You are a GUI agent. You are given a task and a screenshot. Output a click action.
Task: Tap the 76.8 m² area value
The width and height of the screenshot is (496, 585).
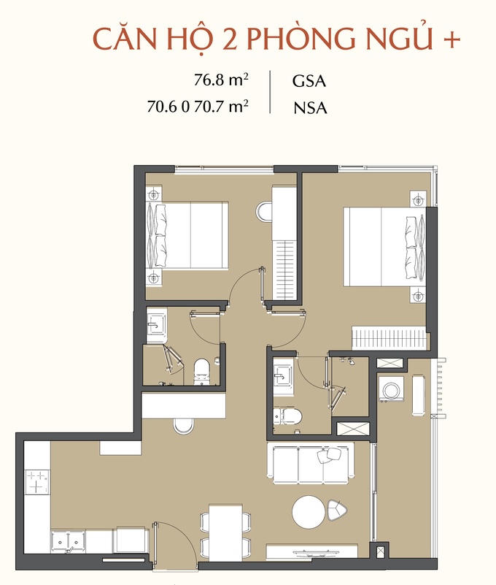click(221, 80)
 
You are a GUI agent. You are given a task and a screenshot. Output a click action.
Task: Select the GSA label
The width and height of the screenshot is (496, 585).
click(309, 81)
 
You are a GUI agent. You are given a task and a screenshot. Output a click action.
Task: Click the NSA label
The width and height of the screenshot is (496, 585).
click(310, 108)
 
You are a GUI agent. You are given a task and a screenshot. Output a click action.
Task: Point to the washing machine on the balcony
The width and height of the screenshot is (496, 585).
click(391, 389)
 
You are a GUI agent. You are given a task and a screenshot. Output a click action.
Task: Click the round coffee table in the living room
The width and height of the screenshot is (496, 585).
click(309, 511)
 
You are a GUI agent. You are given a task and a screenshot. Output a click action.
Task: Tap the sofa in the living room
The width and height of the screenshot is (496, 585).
click(311, 463)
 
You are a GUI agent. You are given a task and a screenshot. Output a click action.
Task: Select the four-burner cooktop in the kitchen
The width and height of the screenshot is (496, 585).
click(37, 482)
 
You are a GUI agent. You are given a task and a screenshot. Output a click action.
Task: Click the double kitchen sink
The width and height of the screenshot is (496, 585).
click(68, 540)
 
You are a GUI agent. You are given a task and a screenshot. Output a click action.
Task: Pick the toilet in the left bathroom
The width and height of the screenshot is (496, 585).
click(202, 371)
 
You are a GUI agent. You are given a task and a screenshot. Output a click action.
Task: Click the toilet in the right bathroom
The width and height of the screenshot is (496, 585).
click(287, 416)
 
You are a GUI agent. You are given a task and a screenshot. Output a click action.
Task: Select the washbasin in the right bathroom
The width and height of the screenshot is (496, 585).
click(283, 376)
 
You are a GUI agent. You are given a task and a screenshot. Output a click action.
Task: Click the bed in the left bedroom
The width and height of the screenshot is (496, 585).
click(187, 235)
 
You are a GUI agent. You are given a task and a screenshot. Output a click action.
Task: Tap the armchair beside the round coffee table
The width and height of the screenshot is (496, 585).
click(337, 511)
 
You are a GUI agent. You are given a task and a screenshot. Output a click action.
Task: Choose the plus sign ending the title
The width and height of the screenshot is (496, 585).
click(452, 39)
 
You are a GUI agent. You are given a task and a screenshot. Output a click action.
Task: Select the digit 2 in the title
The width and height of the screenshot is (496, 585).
click(230, 39)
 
